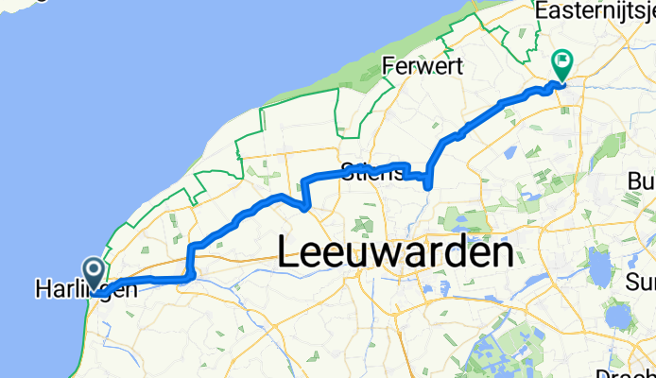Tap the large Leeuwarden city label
(397, 252)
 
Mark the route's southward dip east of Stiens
(429, 183)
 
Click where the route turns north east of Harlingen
(192, 275)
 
